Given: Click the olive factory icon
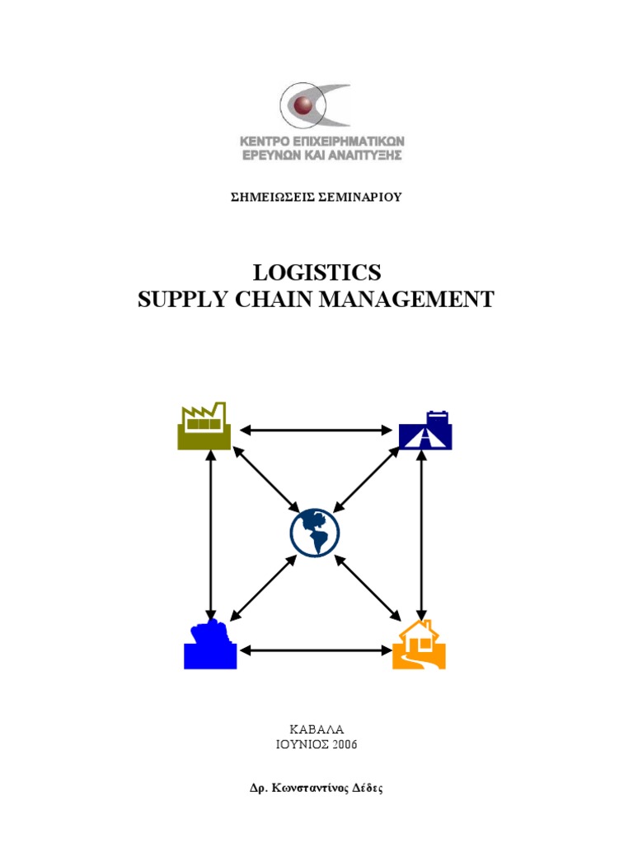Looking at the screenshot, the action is click(x=204, y=427).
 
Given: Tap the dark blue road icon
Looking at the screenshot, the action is click(x=424, y=431).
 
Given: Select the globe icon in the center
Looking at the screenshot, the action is click(x=315, y=533).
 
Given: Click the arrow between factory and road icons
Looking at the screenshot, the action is click(x=316, y=430).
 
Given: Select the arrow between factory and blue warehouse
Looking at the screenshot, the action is click(x=212, y=535).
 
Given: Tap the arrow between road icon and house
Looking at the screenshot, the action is click(x=422, y=535).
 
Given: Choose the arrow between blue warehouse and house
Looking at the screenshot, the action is click(x=316, y=650).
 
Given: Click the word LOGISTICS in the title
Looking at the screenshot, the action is click(x=316, y=272).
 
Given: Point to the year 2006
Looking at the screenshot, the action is click(x=340, y=745).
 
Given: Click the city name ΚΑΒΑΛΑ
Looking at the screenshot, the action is click(x=316, y=730).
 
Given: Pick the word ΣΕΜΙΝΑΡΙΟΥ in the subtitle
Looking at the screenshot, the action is click(x=360, y=197).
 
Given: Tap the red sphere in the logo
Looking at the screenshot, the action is click(x=305, y=105).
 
